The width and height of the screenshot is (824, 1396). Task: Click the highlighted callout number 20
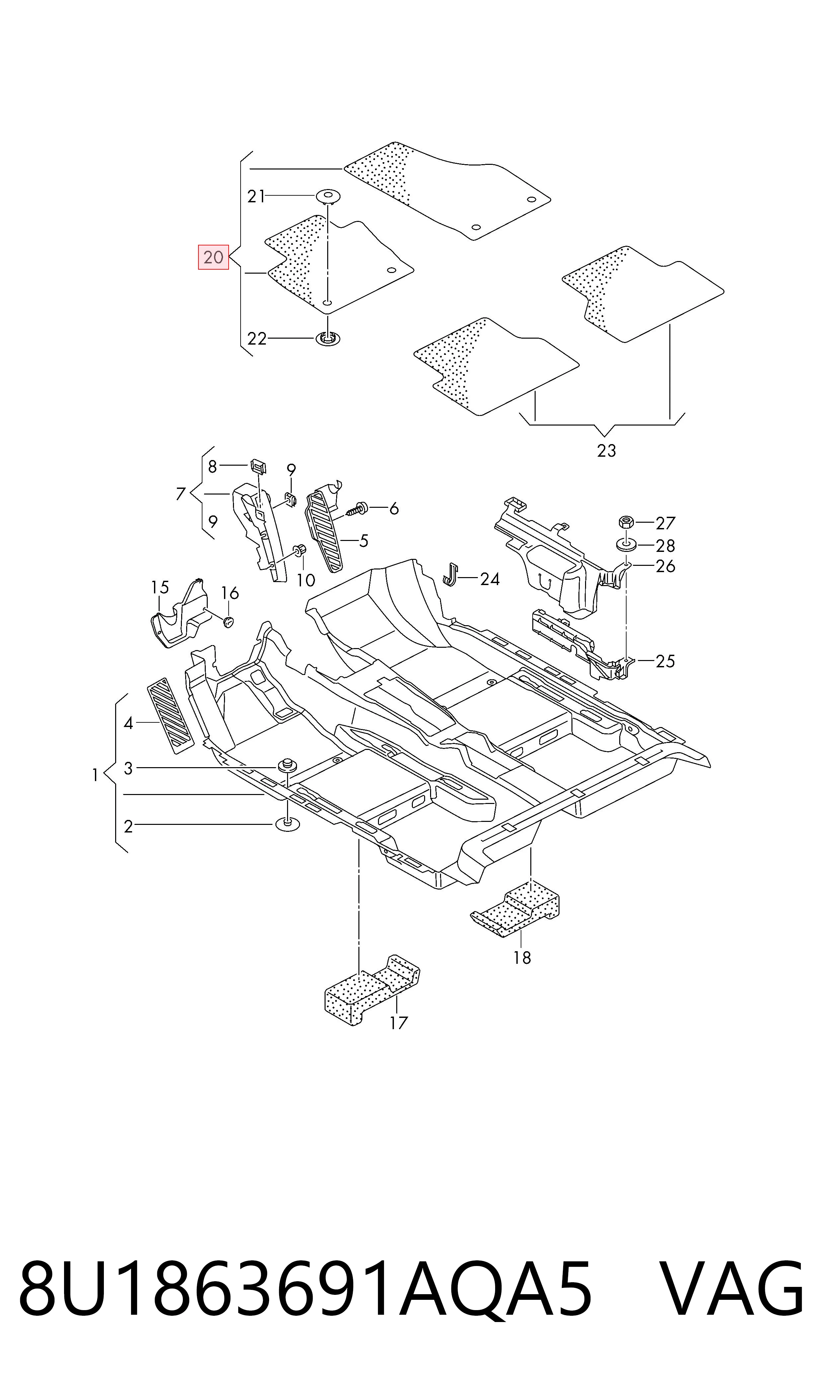(x=214, y=257)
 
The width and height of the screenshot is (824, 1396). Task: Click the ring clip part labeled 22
(x=328, y=338)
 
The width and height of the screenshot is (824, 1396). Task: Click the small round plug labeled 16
(x=228, y=622)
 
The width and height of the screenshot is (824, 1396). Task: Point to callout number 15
(x=160, y=587)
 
